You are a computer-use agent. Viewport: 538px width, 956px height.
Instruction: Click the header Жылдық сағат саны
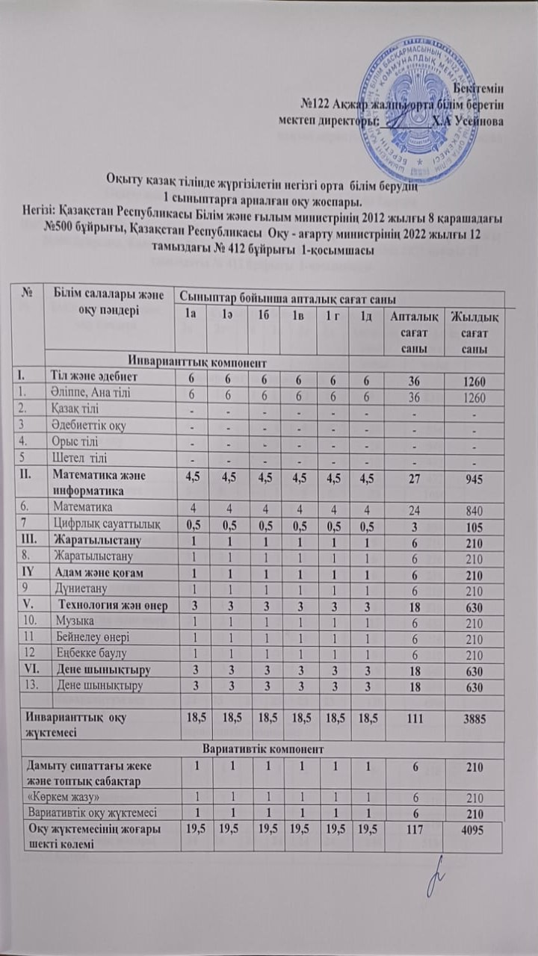pos(472,334)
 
